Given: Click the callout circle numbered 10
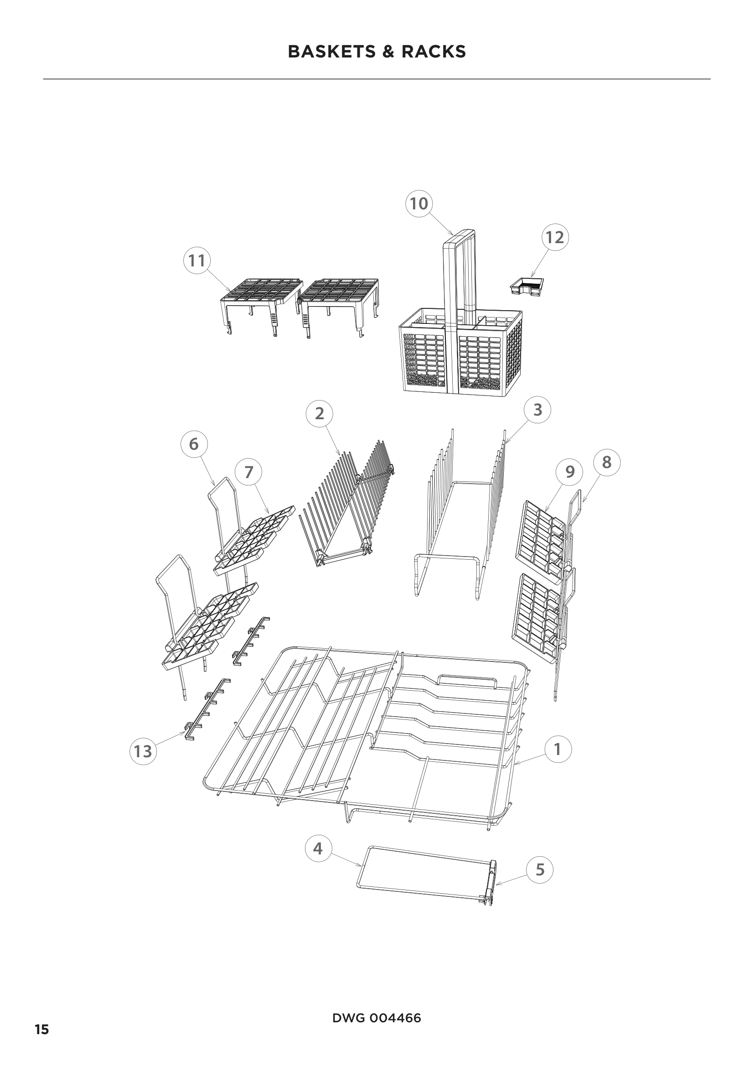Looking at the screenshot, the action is pos(419,203).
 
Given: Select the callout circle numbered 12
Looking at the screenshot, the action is pos(555,237).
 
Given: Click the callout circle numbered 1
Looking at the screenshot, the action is pos(557,749).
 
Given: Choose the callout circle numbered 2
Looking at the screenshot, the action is pos(320,413).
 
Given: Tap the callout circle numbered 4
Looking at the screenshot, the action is pos(318,849).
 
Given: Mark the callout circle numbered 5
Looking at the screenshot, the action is pos(540,870).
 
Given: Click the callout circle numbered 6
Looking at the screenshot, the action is pos(194,444).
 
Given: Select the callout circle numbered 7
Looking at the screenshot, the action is pos(248,472).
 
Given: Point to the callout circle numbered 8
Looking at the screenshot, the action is pos(606,462).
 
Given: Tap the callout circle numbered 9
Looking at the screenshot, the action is pos(570,472).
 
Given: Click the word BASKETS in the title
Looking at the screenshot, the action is pos(331,52).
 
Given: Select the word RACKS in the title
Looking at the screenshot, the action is pos(434,52).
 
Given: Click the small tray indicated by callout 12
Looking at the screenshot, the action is pos(527,285).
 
